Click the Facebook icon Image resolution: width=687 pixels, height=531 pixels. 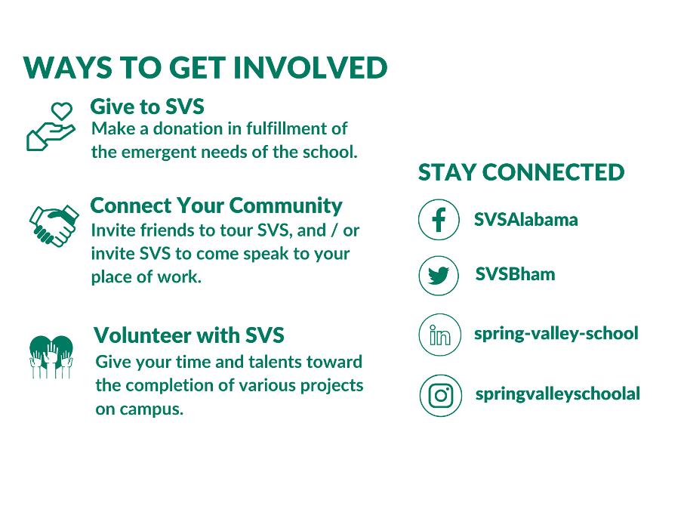point(439,219)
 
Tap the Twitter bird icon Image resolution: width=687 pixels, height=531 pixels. point(439,276)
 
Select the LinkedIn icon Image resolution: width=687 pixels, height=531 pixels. point(440,335)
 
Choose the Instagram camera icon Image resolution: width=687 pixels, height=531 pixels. point(441,396)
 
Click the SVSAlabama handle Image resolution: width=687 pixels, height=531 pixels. point(525,219)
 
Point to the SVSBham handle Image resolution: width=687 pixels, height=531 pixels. point(515,274)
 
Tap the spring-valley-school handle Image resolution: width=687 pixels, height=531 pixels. point(556,334)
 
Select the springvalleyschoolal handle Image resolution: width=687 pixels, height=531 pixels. point(558,394)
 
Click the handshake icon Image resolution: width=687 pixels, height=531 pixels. point(54,225)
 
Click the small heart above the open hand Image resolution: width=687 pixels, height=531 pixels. point(61,110)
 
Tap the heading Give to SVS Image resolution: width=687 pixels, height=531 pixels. point(147,107)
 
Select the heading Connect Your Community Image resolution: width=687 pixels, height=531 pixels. point(216,205)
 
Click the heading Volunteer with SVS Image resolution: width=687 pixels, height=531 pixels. point(189,335)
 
